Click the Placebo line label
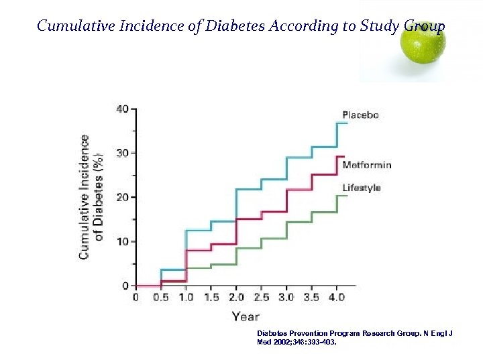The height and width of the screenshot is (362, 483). (x=360, y=115)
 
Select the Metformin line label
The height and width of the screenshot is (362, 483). (x=366, y=165)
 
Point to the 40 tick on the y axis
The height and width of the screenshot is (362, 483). (x=123, y=109)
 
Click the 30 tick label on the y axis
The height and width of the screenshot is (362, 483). (x=123, y=153)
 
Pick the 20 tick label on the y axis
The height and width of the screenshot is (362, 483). (x=123, y=197)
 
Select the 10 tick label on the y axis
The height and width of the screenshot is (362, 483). (x=123, y=241)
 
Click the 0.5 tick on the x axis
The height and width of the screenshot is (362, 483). (x=161, y=297)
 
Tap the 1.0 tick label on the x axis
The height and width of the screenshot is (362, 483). (x=186, y=297)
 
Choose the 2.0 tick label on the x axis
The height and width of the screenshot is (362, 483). (x=236, y=297)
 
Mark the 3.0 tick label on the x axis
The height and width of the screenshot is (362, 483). (x=286, y=297)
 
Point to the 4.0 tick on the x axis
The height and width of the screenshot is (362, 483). (x=337, y=297)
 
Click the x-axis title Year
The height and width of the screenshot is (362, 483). (x=245, y=316)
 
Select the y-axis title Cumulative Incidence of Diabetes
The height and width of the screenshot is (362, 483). (x=91, y=197)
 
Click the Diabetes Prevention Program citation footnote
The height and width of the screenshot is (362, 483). (x=355, y=337)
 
